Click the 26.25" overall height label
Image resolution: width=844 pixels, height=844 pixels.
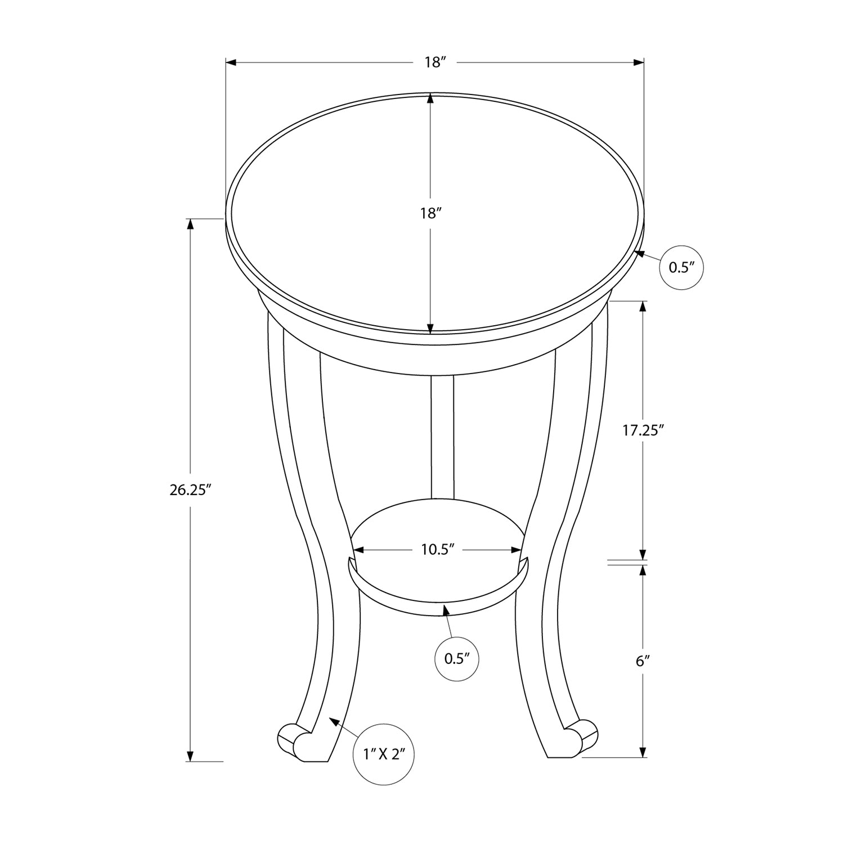click(190, 490)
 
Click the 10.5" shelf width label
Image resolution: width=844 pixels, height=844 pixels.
click(437, 550)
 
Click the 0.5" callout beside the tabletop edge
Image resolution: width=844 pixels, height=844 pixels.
click(681, 267)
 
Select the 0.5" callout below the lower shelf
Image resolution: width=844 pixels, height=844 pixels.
click(457, 659)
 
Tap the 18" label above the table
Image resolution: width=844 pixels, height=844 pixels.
click(435, 62)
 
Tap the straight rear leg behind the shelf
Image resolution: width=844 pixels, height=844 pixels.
click(442, 436)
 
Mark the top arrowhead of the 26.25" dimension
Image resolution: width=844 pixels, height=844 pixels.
click(190, 224)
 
